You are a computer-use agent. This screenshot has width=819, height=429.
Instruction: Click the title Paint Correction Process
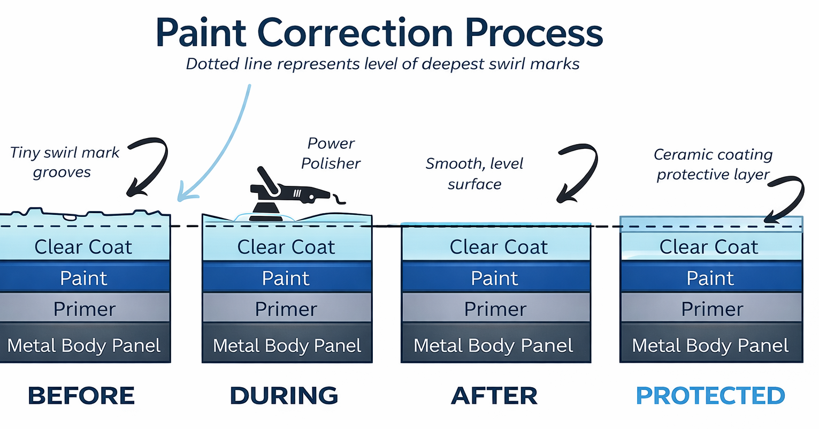click(379, 33)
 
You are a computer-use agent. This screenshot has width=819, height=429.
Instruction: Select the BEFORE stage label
click(81, 396)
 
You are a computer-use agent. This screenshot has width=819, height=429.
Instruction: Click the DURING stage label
click(284, 396)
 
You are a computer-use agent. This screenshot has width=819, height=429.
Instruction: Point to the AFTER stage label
click(494, 396)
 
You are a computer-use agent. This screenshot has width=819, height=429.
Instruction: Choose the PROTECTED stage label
click(710, 396)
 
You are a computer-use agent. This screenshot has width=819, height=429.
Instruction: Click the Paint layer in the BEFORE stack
click(84, 278)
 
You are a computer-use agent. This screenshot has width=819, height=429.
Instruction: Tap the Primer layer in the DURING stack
click(286, 309)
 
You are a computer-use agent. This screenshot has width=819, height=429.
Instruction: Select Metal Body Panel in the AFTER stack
click(494, 345)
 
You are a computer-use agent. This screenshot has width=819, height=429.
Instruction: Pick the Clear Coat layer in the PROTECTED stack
click(709, 247)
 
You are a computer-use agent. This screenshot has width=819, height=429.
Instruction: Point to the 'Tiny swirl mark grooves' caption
click(64, 162)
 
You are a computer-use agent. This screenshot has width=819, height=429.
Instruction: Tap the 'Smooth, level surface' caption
click(474, 174)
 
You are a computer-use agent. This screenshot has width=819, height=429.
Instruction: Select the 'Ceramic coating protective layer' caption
click(713, 164)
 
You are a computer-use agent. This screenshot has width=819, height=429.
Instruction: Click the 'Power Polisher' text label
click(331, 153)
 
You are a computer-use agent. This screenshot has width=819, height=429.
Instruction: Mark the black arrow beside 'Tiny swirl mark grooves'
click(147, 166)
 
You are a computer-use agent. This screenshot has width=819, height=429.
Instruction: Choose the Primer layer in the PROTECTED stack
click(711, 309)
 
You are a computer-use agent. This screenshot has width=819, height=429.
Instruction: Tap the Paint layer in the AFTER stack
click(495, 278)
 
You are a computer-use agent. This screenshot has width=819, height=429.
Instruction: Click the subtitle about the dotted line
click(382, 64)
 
